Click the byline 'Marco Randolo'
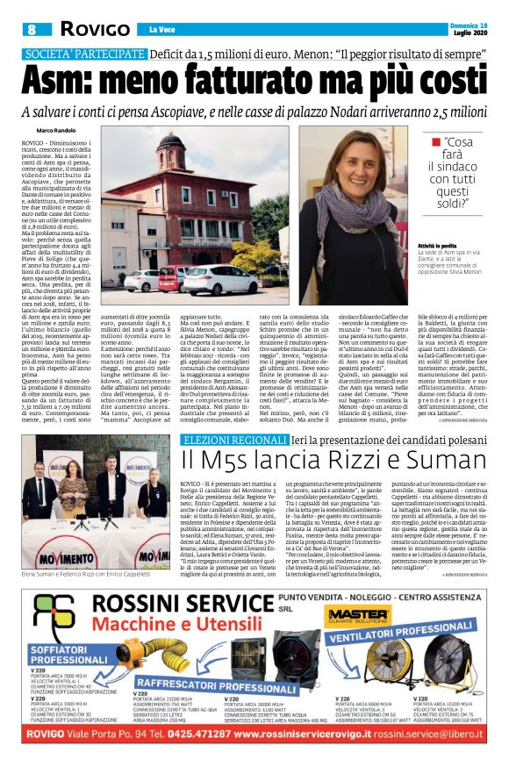click(x=55, y=130)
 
